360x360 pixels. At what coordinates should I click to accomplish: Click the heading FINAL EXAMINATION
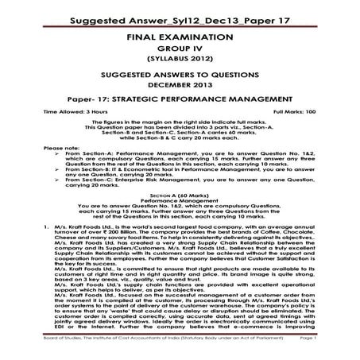coord(180,37)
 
